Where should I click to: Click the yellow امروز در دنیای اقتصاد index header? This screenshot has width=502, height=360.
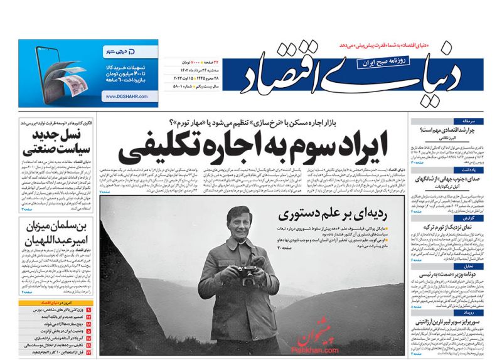click(57, 302)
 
